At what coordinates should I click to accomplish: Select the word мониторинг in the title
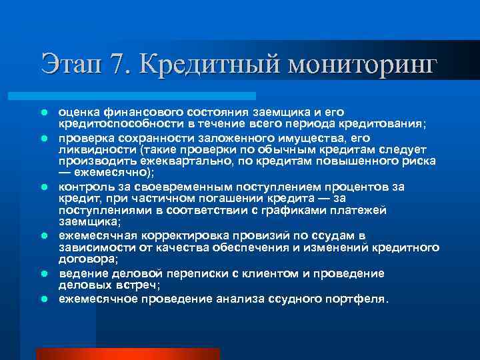[361, 65]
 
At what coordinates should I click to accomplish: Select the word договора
[87, 258]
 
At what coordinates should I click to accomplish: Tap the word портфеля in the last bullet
[357, 299]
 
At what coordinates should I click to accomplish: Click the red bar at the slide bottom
[127, 353]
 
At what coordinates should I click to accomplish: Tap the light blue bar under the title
[146, 96]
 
